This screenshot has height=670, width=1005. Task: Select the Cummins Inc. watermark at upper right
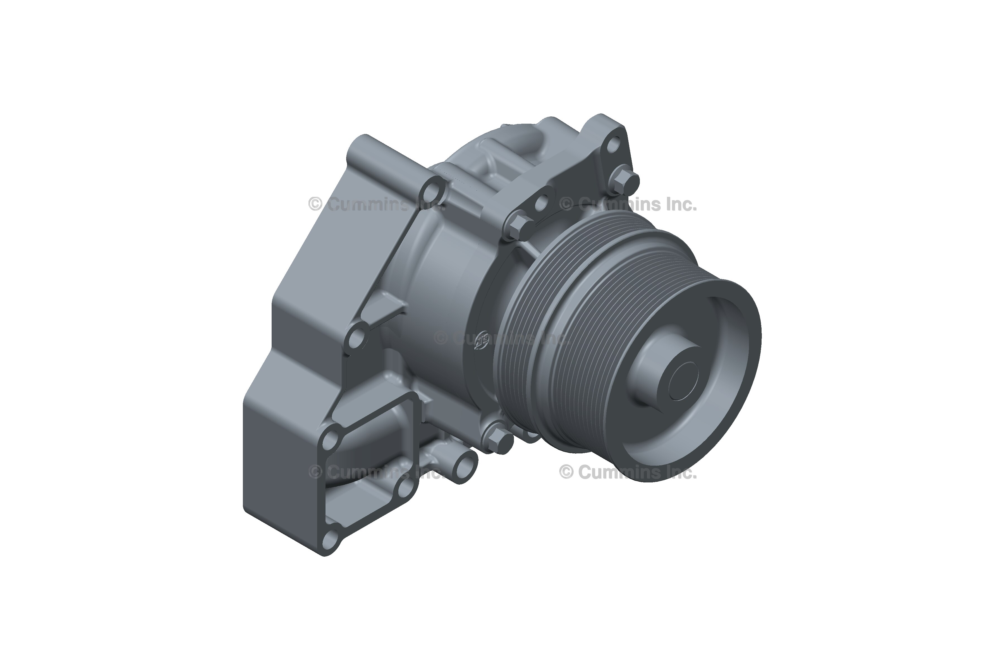click(628, 205)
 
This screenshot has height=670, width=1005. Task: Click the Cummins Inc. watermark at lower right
click(628, 472)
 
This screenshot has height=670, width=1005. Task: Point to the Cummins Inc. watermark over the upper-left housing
click(376, 205)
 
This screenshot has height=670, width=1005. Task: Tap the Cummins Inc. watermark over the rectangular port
click(376, 472)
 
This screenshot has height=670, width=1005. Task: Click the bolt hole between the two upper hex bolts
click(541, 203)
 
